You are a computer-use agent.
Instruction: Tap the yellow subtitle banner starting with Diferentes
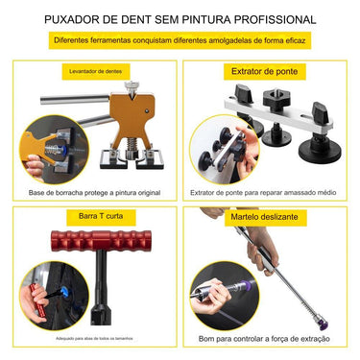pyautogui.click(x=180, y=41)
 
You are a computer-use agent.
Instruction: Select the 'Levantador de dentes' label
pyautogui.click(x=93, y=72)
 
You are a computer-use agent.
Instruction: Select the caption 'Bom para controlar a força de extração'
pyautogui.click(x=266, y=338)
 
